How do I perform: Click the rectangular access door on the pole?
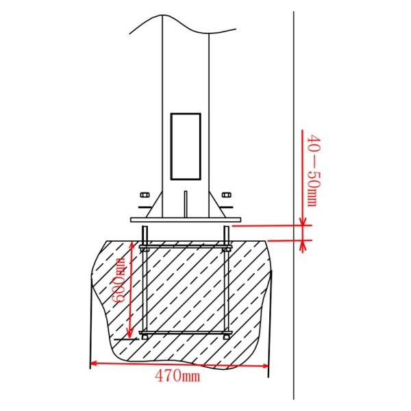coord(185,147)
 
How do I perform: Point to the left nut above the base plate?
coord(145,196)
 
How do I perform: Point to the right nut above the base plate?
coord(226,196)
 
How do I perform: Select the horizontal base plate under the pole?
coord(185,219)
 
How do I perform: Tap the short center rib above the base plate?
coord(185,203)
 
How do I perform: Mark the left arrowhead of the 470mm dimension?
coord(94,364)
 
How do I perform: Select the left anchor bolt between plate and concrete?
coord(145,233)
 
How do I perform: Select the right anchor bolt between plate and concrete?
coord(226,233)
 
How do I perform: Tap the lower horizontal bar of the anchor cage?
coord(185,334)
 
